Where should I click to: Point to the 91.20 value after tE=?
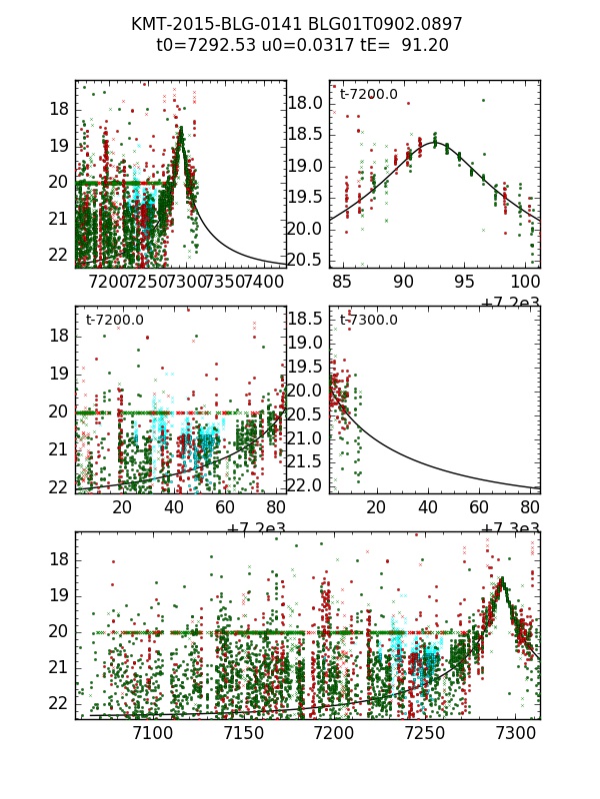point(425,45)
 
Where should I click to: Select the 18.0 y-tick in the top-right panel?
point(308,103)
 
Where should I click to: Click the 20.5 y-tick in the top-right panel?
point(308,260)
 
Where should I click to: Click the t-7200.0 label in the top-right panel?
point(369,95)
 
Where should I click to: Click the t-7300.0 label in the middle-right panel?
point(369,321)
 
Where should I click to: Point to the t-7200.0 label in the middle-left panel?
point(115,321)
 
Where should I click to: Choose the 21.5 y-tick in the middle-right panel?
point(308,462)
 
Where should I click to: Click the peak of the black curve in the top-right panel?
point(435,143)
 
